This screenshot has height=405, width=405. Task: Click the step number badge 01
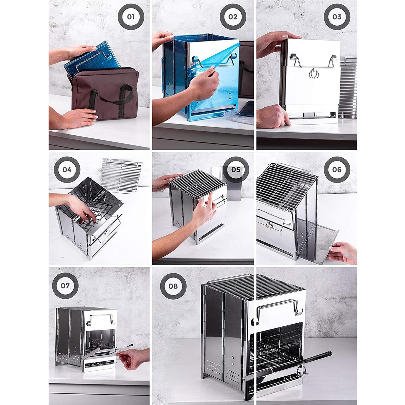point(131,17)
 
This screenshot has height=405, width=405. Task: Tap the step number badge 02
point(233,17)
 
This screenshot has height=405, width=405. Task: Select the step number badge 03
point(337,17)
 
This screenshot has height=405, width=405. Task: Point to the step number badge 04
point(67,169)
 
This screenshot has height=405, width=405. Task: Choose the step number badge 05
point(236,169)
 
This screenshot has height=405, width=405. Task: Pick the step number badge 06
point(337,169)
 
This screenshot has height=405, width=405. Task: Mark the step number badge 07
point(65,286)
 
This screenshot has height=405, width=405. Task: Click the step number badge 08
point(173,286)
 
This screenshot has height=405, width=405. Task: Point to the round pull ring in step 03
point(314,74)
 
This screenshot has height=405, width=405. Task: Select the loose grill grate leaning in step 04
point(122,175)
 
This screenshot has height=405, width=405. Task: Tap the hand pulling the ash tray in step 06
point(343,253)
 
